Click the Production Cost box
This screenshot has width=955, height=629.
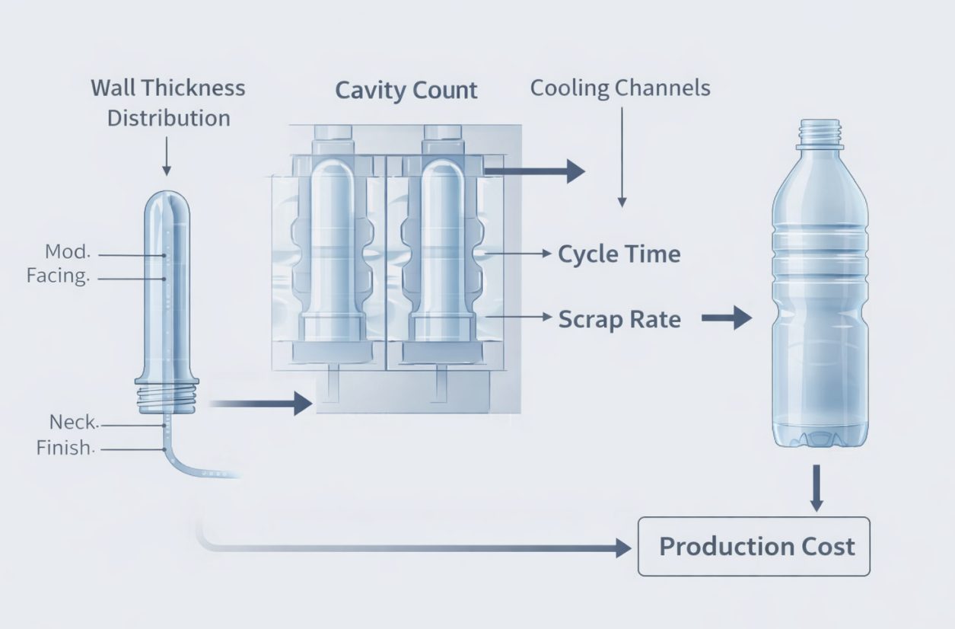click(753, 546)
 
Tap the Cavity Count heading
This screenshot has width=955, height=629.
click(406, 91)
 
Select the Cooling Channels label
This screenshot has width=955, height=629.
click(620, 88)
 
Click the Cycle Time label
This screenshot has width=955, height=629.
click(619, 254)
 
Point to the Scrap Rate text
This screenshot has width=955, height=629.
click(619, 319)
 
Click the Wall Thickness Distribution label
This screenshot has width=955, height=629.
click(168, 103)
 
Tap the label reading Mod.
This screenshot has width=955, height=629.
click(68, 252)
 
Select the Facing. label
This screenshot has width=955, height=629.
click(58, 276)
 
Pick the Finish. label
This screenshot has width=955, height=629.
click(65, 449)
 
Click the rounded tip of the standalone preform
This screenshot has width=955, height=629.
click(167, 203)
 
